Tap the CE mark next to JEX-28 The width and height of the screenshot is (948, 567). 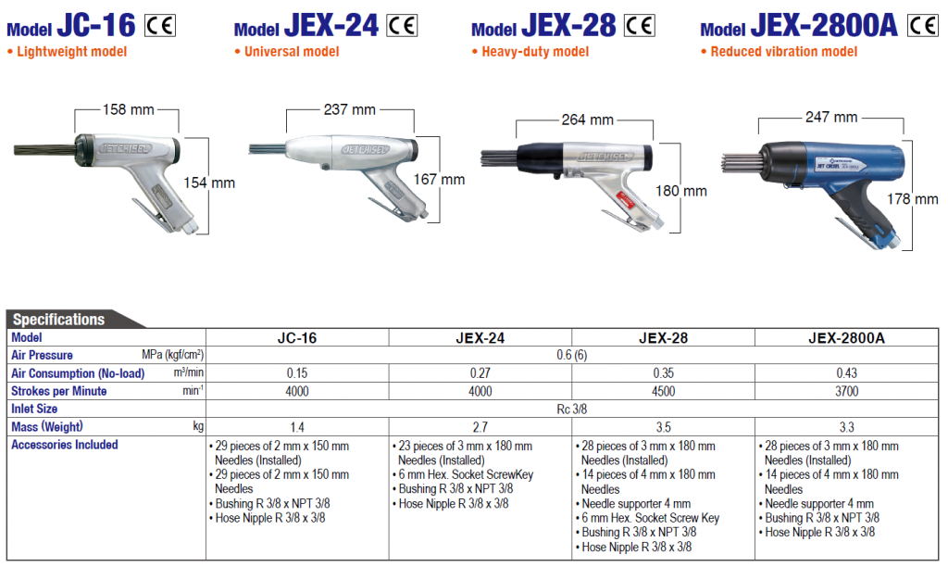(x=639, y=25)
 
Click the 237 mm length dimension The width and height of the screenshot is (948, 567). (x=350, y=109)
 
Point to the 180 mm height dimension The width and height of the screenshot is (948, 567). (x=688, y=191)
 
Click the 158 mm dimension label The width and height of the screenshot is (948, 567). (x=128, y=109)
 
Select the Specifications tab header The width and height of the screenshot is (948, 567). (x=59, y=320)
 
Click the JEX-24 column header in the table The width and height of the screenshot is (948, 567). (x=480, y=338)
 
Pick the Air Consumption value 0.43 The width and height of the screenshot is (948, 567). (x=845, y=373)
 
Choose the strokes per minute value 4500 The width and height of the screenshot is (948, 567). (x=663, y=391)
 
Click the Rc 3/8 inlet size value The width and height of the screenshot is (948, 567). (x=572, y=409)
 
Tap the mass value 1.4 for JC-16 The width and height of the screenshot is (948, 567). (x=296, y=426)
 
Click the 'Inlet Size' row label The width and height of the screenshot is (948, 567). (x=34, y=409)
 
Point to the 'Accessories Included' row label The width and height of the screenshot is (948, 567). (x=65, y=445)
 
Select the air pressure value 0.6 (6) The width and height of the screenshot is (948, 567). (x=572, y=356)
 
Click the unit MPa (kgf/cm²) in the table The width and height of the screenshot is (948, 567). (x=172, y=356)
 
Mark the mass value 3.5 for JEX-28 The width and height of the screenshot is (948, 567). (x=663, y=426)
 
